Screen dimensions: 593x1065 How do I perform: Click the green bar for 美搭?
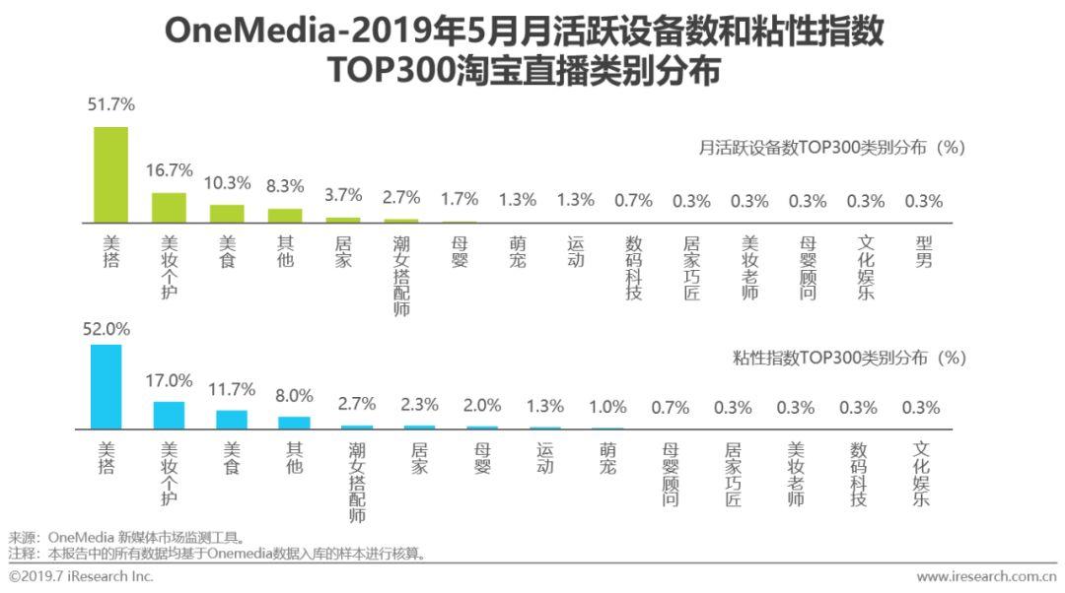(x=111, y=174)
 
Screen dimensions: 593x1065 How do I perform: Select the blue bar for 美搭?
(x=106, y=386)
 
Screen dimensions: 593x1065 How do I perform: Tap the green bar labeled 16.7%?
(x=169, y=207)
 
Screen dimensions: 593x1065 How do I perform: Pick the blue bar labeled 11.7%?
(x=232, y=420)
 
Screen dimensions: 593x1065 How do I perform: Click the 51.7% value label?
(x=111, y=104)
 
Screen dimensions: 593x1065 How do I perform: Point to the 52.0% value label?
(x=106, y=329)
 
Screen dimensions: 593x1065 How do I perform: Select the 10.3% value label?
(x=227, y=183)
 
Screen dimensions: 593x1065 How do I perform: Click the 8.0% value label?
(x=293, y=396)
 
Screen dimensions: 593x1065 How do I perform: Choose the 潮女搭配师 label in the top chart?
(x=400, y=275)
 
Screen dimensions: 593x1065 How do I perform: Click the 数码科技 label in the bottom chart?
(x=858, y=474)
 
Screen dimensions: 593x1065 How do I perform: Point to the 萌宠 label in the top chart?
(x=517, y=252)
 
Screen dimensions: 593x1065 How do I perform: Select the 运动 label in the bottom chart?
(x=544, y=459)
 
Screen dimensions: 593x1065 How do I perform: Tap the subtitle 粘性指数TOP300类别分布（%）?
(x=849, y=358)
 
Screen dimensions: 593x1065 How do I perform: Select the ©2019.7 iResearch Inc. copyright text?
(x=81, y=576)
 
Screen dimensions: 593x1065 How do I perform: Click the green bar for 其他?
(x=285, y=215)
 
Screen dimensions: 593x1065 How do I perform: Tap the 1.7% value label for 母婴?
(x=459, y=200)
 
